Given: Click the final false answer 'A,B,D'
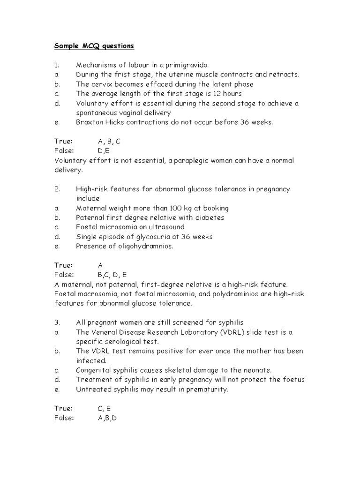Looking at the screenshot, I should click(107, 418).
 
